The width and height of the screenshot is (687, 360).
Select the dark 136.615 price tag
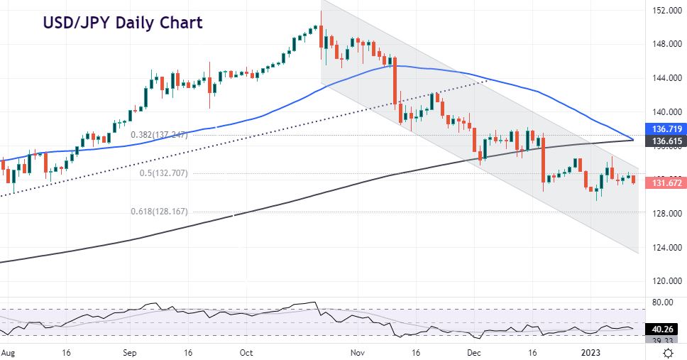tap(666, 141)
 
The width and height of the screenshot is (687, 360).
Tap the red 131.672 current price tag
tap(666, 183)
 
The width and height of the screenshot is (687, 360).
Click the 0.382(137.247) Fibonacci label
tap(158, 134)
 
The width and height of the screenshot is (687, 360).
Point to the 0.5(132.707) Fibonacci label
tap(158, 173)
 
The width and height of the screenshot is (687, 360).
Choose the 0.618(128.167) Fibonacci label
tap(158, 211)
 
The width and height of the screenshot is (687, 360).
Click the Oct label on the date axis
tap(246, 352)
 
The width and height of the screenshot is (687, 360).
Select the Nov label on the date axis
tap(358, 352)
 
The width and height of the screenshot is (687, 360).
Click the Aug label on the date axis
tap(7, 352)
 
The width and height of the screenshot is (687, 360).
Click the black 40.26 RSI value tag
tap(663, 329)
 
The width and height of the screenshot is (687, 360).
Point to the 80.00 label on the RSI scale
tap(661, 302)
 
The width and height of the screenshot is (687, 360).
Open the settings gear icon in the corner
tap(668, 352)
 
